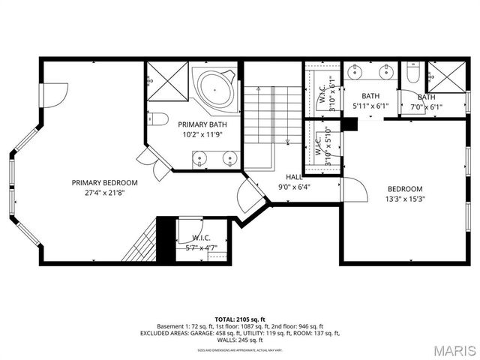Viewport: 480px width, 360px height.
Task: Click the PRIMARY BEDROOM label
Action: tap(105, 182)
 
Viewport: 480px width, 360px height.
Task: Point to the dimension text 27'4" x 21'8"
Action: tap(105, 192)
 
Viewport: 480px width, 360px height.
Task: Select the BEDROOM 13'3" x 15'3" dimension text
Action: tap(404, 199)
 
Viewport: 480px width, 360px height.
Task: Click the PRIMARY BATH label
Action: tap(202, 124)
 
